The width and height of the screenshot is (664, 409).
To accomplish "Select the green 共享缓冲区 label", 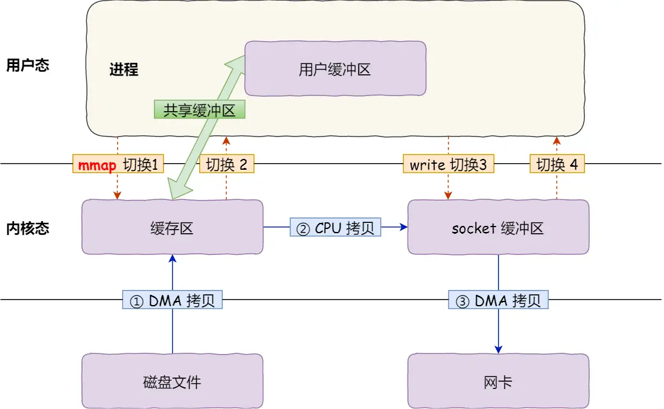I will [x=199, y=109].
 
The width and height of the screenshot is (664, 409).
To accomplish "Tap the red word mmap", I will [x=97, y=164].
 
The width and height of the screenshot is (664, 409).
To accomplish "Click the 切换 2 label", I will [x=226, y=164].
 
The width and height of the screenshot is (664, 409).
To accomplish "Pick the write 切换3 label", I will [x=449, y=164].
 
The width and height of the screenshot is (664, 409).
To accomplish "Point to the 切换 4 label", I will [x=557, y=164].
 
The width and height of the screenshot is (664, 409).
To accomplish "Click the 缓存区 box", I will [x=172, y=227].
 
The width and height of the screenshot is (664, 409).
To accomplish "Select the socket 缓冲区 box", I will [x=498, y=227].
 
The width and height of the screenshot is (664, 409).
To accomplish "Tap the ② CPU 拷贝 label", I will [x=335, y=227].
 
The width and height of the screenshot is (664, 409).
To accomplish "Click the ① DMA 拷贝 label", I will [x=173, y=300].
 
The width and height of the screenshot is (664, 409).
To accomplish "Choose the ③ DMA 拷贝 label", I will [x=498, y=300].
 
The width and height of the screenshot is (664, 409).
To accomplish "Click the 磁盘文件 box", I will [x=172, y=381].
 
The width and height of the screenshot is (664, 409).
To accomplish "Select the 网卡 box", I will [x=498, y=381].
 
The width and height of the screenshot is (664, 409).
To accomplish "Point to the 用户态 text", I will [x=27, y=65].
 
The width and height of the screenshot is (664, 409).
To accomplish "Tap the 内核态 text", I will [x=27, y=228].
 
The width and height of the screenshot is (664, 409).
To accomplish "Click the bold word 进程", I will [x=124, y=69].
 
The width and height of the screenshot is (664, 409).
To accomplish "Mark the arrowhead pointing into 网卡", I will [x=498, y=350].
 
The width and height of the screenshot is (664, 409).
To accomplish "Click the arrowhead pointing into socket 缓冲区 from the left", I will [x=403, y=227].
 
